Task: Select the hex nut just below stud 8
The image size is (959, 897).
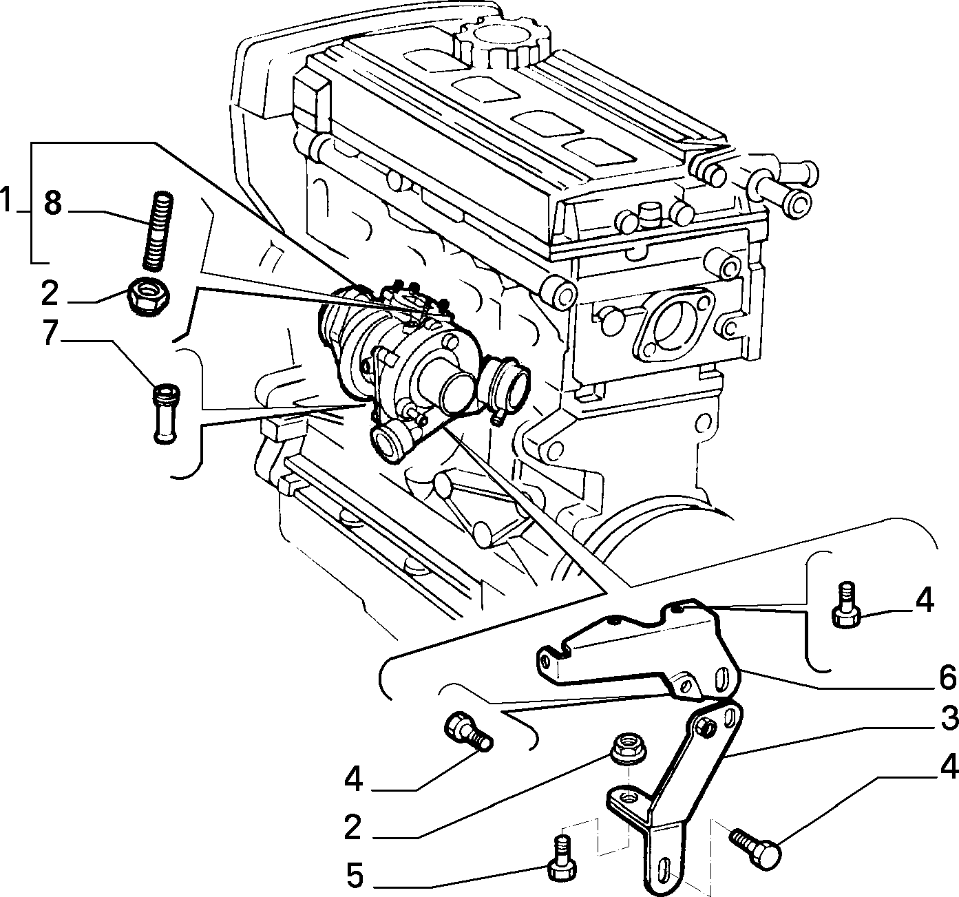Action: [x=148, y=296]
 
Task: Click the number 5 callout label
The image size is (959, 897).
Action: [x=355, y=877]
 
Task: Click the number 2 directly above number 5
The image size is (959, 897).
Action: [x=353, y=828]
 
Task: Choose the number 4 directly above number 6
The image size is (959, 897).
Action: [x=924, y=601]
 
